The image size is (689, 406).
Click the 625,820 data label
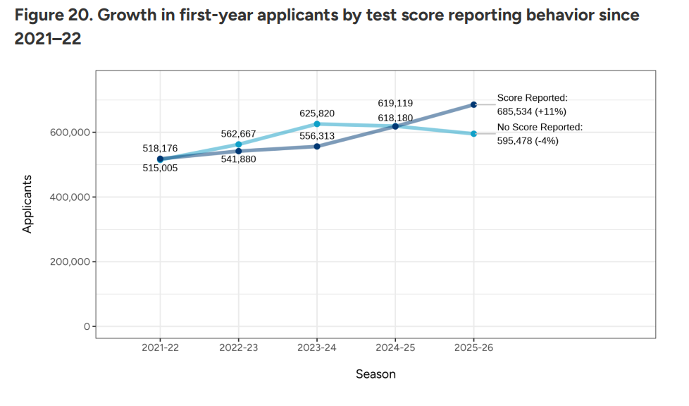tap(317, 113)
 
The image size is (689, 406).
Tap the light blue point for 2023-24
tap(317, 124)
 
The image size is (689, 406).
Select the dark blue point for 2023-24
tap(317, 147)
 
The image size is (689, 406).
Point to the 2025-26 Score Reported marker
tap(474, 104)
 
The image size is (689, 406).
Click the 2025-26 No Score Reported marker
tap(474, 133)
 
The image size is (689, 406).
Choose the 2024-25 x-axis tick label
tap(396, 348)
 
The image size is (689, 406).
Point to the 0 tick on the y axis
tap(87, 327)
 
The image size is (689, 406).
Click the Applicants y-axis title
tap(27, 204)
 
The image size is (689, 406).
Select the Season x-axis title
tap(375, 374)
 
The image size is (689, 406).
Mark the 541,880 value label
tap(238, 159)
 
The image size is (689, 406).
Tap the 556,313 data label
tap(317, 136)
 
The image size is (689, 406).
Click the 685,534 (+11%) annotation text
tap(532, 111)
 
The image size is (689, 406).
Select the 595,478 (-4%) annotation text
tap(528, 140)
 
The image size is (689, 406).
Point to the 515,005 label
tap(160, 168)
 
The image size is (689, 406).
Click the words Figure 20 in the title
tap(49, 16)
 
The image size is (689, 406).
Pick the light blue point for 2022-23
tap(239, 144)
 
